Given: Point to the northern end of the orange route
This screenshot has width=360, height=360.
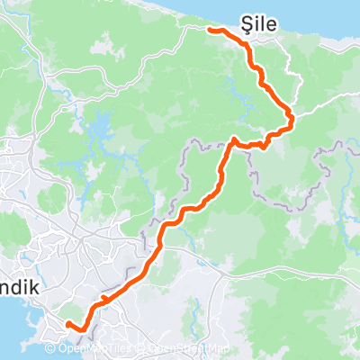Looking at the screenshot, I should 211,30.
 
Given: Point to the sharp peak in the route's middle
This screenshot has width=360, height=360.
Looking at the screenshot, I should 233,139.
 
